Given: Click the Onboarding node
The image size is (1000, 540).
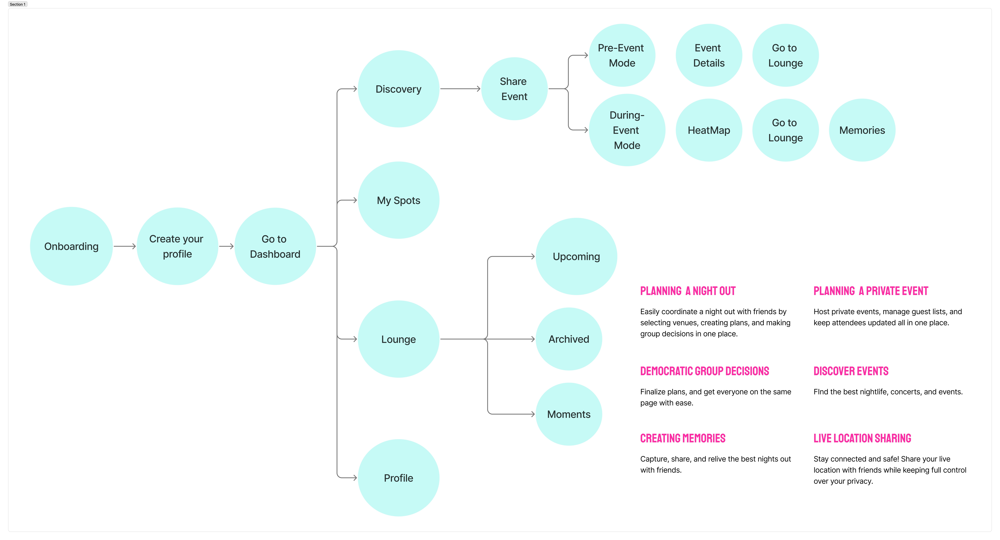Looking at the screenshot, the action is tap(71, 246).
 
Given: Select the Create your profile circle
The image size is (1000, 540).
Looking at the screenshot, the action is tap(177, 246).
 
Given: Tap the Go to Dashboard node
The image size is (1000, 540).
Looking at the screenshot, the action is tap(275, 246).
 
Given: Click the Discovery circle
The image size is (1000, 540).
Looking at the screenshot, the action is tap(399, 89).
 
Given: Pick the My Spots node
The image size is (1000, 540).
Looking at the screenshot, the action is tap(399, 200).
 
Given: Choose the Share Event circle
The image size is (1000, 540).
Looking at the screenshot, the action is tap(514, 89).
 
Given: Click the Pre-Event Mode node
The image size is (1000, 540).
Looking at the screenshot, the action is tap(622, 55).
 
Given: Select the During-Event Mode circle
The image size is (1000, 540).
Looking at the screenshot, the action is tap(627, 130).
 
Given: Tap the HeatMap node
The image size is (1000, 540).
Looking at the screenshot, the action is tap(709, 130).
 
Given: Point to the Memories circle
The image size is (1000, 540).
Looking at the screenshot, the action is tap(862, 130).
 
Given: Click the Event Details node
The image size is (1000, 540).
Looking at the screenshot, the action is tap(709, 55).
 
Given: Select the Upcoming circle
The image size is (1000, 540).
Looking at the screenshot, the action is tap(577, 256).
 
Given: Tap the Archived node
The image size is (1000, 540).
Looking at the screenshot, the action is tap(569, 339).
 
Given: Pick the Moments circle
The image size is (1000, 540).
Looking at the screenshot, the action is tap(569, 414).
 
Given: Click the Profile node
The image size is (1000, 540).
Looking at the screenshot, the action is tap(399, 478).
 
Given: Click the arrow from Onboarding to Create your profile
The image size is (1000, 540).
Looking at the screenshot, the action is tap(125, 246).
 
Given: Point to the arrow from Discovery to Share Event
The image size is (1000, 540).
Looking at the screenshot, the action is tap(460, 89).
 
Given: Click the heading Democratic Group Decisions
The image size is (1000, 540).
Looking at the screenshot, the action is tap(705, 371).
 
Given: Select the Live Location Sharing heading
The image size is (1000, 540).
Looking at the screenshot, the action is tap(862, 438).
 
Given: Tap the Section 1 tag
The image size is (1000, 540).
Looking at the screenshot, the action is tap(17, 4).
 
